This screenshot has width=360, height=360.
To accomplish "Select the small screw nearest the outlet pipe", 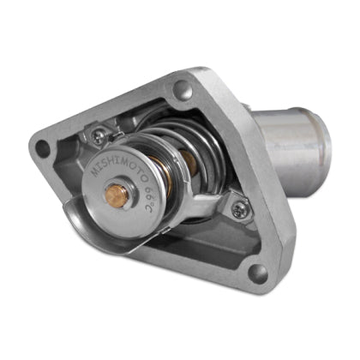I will pos(237,206).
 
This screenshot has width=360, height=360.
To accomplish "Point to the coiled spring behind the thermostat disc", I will pos(193,141).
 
